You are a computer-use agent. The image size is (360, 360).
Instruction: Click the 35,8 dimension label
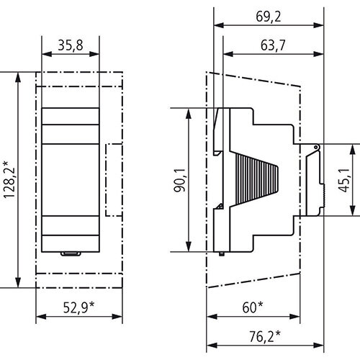click(x=71, y=45)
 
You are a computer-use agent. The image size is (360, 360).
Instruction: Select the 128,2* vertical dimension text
click(x=9, y=180)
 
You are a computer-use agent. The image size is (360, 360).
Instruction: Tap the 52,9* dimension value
click(x=78, y=307)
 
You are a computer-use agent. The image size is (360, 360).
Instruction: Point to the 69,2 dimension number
click(x=268, y=17)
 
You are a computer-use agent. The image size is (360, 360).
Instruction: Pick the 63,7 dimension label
click(x=273, y=45)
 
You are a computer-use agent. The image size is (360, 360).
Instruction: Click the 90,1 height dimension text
click(x=180, y=180)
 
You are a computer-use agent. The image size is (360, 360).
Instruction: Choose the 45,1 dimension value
click(x=343, y=180)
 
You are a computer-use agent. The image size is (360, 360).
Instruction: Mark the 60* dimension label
click(x=253, y=307)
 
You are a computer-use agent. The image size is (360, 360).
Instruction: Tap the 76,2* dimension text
click(x=265, y=336)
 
